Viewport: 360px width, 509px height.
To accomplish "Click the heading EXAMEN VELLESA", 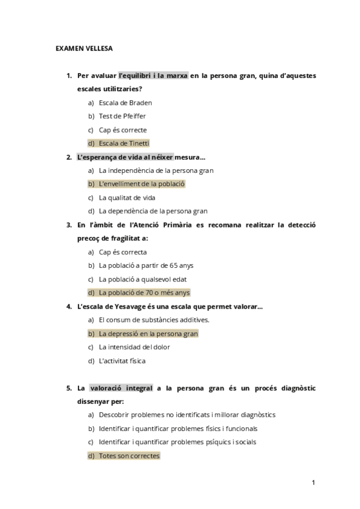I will [83, 47].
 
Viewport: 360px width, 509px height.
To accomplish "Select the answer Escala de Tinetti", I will [124, 143].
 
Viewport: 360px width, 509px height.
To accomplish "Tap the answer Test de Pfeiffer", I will [122, 116].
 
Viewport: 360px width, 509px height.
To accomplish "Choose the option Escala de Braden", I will [125, 103].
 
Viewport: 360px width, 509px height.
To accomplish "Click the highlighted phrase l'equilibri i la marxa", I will [154, 76].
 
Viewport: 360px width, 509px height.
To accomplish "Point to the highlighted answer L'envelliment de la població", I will [142, 184].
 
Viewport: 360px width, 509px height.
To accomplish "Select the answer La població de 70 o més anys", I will [144, 292].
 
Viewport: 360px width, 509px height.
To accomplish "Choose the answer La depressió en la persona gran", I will [148, 333].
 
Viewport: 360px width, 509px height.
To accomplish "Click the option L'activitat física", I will [122, 361].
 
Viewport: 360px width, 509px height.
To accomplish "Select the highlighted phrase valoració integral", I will [121, 388].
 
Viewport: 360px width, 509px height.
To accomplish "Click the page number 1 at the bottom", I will [313, 482].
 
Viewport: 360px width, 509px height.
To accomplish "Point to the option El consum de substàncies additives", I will [154, 320].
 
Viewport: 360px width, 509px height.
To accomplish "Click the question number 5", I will [69, 388].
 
